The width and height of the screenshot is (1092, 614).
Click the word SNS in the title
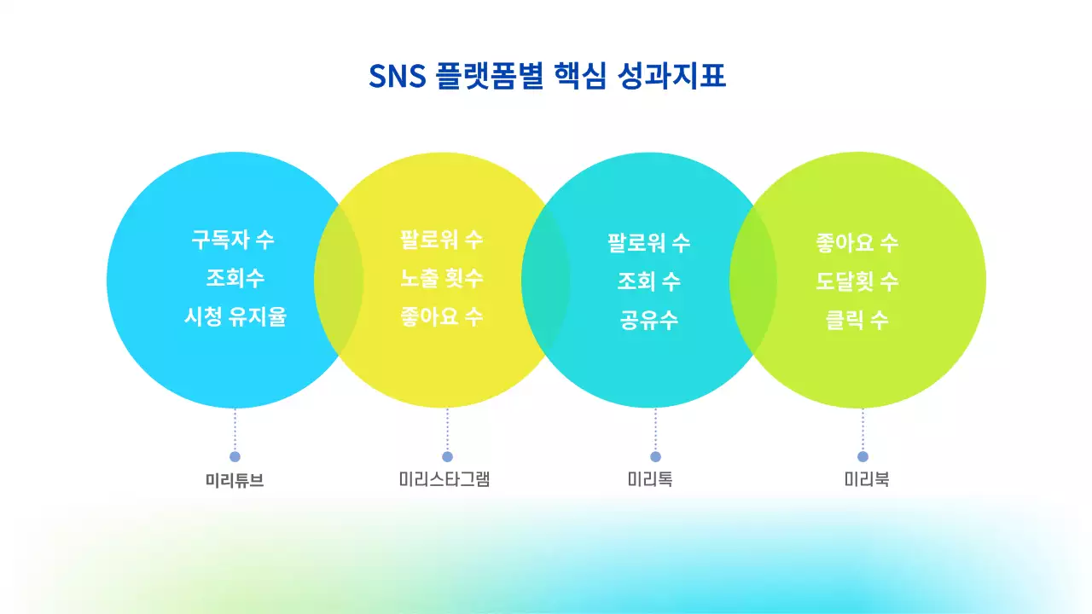coord(396,77)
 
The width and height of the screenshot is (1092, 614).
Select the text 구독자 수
coord(233,240)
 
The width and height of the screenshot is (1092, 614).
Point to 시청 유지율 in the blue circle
coord(235,317)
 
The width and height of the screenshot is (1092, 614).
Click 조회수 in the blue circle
coord(235,279)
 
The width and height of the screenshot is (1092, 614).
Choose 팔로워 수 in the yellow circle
coord(442,240)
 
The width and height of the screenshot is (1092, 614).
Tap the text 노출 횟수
coord(442,279)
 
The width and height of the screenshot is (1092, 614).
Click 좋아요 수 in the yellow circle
coord(442,317)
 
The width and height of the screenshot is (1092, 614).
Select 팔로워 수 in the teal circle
coord(648,243)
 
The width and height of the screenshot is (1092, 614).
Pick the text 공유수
coord(648,321)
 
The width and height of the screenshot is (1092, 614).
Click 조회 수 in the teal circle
coord(648,281)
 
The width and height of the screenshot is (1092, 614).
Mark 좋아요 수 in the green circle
coord(857,243)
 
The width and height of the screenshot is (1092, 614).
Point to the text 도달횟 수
coord(857,281)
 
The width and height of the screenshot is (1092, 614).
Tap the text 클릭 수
coord(857,321)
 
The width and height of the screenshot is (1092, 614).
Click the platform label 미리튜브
coord(235,480)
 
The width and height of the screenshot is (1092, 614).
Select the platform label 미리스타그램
coord(444,479)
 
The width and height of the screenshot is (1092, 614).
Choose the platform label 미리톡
coord(650,479)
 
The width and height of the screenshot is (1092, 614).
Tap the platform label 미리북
coord(867,479)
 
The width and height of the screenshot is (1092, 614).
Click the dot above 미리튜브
coord(235,457)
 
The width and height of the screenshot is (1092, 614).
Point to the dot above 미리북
coord(863,457)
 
